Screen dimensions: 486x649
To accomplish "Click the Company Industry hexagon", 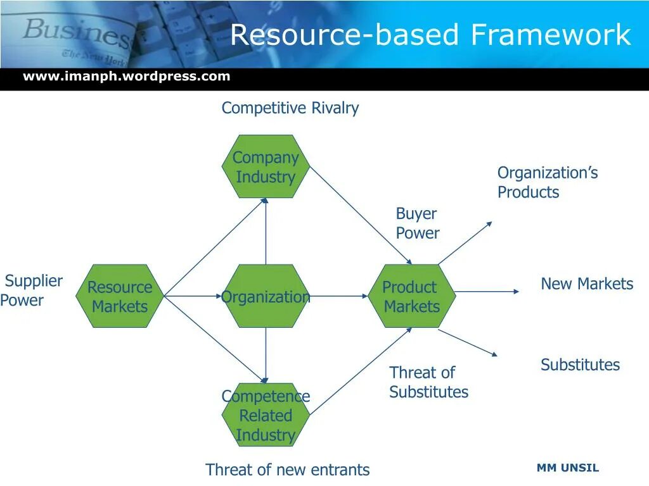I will (x=266, y=166).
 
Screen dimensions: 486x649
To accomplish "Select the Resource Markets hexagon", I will (x=120, y=296).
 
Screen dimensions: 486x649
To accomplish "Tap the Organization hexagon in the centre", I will (x=266, y=296).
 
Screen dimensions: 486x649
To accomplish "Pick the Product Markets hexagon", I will (x=412, y=296).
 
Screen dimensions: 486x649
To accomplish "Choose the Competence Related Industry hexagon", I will (x=266, y=415).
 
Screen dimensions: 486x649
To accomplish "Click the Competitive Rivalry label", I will (x=290, y=108).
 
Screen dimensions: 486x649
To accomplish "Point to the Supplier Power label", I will (x=32, y=290).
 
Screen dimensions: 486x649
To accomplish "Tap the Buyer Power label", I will (x=417, y=223).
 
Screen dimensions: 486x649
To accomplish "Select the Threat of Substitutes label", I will (x=428, y=382).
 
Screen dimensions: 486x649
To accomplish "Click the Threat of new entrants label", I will (x=287, y=470).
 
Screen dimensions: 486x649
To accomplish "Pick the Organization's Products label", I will (x=547, y=182).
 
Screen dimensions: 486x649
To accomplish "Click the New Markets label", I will (x=587, y=284).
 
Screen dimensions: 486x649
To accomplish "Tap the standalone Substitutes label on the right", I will (x=580, y=365).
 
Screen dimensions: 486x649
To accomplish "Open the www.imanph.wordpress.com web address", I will (x=127, y=77).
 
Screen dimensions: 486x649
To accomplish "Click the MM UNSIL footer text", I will (x=567, y=468).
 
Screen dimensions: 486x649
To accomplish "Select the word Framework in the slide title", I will (x=551, y=35).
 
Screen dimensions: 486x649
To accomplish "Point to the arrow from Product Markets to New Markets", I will (x=487, y=292).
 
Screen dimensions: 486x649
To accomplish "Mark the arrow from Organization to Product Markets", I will (x=339, y=296).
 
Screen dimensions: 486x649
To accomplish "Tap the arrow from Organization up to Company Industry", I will (x=266, y=231).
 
